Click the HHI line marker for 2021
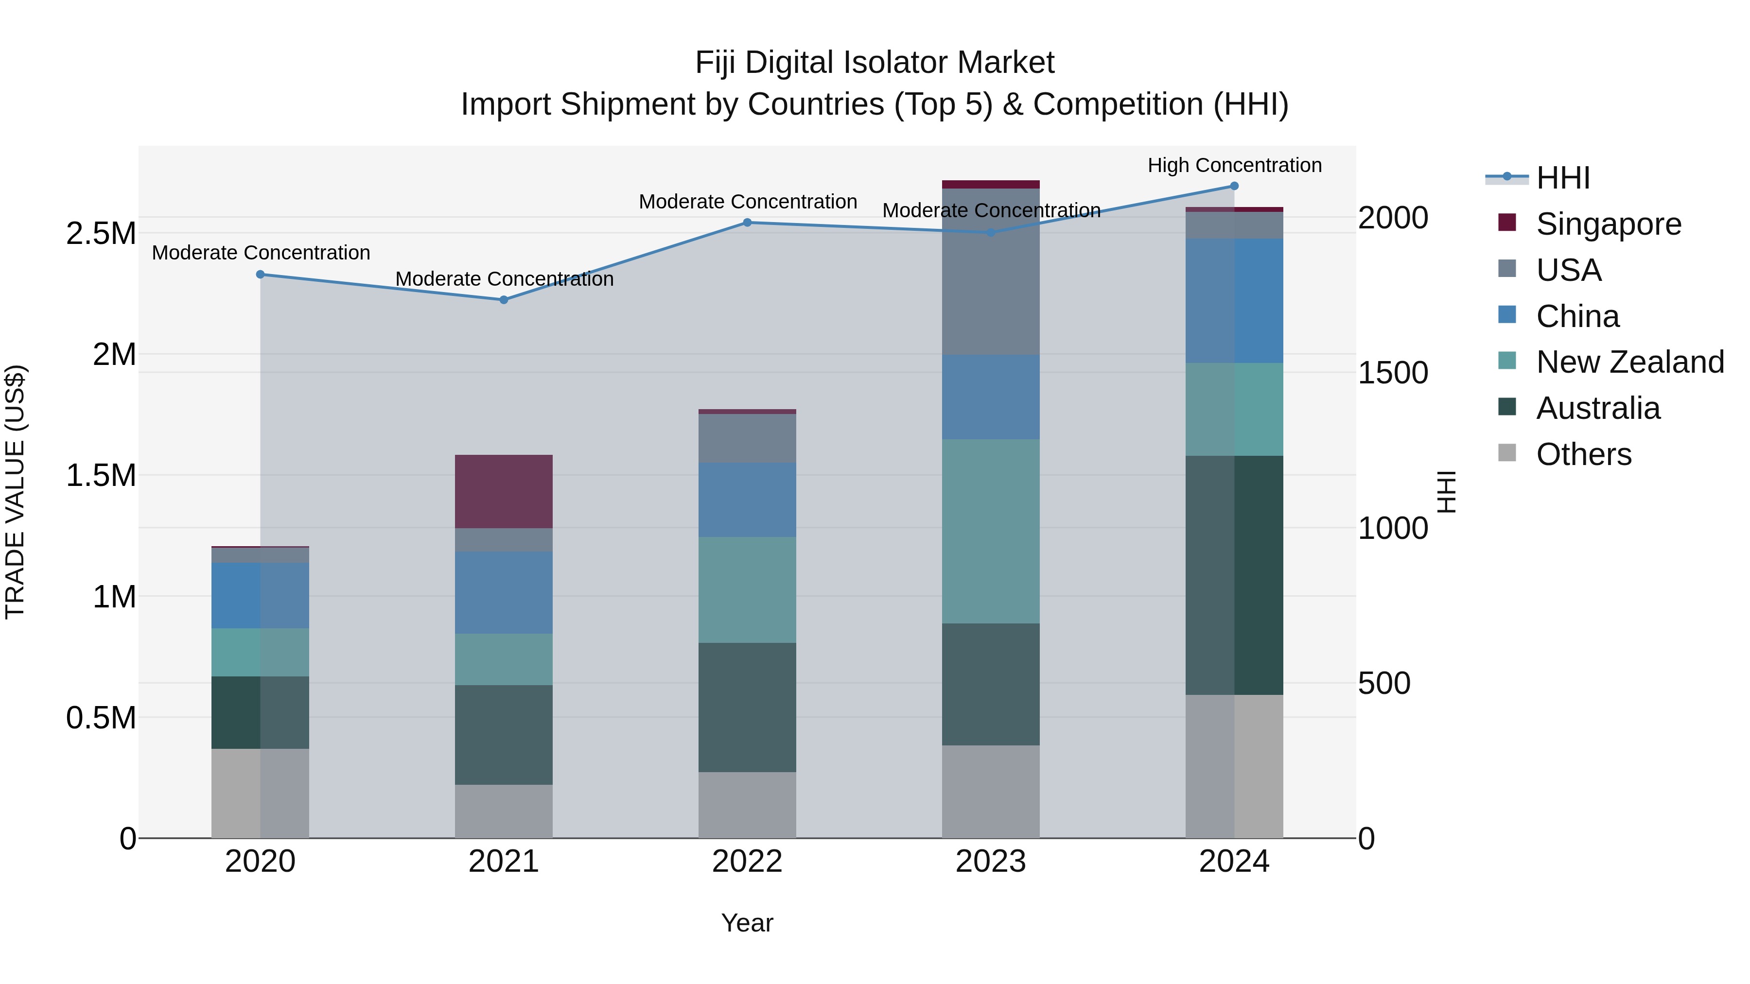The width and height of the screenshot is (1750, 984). (504, 299)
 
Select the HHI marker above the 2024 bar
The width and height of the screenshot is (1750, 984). (1234, 186)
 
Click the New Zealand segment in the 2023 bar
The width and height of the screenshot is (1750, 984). (991, 531)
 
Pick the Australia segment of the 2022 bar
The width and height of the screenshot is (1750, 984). (747, 707)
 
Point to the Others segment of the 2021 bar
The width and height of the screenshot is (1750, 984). (504, 811)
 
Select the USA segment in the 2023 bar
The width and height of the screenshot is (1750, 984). (991, 272)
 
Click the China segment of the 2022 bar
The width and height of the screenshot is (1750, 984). (747, 500)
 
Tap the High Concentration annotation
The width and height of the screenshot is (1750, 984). (1234, 165)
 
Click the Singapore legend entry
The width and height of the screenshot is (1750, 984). (1608, 224)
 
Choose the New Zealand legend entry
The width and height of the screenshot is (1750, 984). (1629, 362)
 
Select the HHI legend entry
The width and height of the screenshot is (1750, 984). (1562, 178)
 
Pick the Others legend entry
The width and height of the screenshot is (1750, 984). (1583, 454)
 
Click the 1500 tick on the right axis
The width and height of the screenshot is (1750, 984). (1393, 373)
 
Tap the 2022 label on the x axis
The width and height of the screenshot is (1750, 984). (747, 862)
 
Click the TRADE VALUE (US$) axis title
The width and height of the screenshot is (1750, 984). (15, 492)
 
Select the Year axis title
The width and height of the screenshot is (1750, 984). (747, 923)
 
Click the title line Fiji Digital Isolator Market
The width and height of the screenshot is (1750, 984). (875, 63)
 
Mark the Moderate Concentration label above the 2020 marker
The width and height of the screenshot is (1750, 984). (261, 253)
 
